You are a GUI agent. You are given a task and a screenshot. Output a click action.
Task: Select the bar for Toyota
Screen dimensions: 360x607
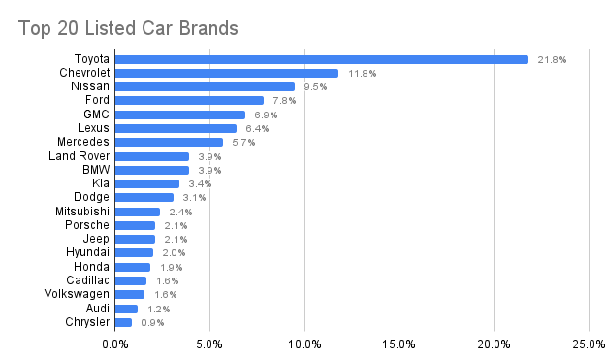pos(322,59)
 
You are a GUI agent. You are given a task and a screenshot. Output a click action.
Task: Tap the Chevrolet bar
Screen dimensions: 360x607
pos(227,73)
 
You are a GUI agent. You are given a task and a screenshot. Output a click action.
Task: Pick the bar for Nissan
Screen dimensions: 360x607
pos(206,86)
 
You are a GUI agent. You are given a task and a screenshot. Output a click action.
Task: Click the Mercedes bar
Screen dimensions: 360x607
pos(170,142)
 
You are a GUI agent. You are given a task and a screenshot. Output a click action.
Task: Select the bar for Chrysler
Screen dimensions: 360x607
pos(124,322)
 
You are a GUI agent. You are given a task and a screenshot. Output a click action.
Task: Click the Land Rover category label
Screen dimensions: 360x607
pos(79,155)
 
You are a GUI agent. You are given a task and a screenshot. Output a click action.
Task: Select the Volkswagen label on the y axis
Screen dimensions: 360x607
pos(77,294)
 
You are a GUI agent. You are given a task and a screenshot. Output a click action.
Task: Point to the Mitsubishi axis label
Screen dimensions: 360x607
pos(81,211)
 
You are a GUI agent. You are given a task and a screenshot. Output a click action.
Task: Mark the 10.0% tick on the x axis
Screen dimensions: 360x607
pos(304,344)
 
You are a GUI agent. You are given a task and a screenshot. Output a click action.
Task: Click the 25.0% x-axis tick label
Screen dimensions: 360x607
pos(589,344)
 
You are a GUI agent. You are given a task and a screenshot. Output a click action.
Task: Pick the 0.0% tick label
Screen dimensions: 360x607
pos(115,344)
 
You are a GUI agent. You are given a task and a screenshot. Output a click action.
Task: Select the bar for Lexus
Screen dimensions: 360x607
pos(176,128)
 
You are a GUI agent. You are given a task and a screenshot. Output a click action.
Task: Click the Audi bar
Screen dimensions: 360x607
pos(127,309)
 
